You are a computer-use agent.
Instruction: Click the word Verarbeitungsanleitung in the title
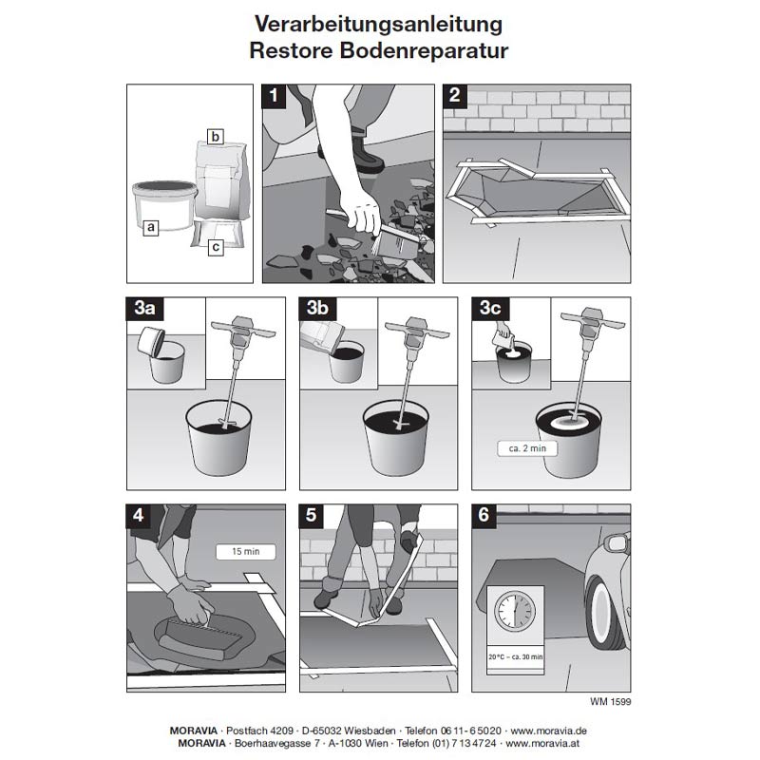pos(379,22)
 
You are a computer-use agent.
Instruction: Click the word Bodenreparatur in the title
pos(428,51)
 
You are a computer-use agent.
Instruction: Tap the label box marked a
pos(149,227)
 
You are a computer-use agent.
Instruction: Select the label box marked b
pos(216,137)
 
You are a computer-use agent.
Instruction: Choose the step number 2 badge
pos(456,95)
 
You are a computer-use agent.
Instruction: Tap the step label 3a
pos(145,308)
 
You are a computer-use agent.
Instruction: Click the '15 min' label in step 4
pos(245,550)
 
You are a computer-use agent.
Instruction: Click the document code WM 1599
pos(611,702)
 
